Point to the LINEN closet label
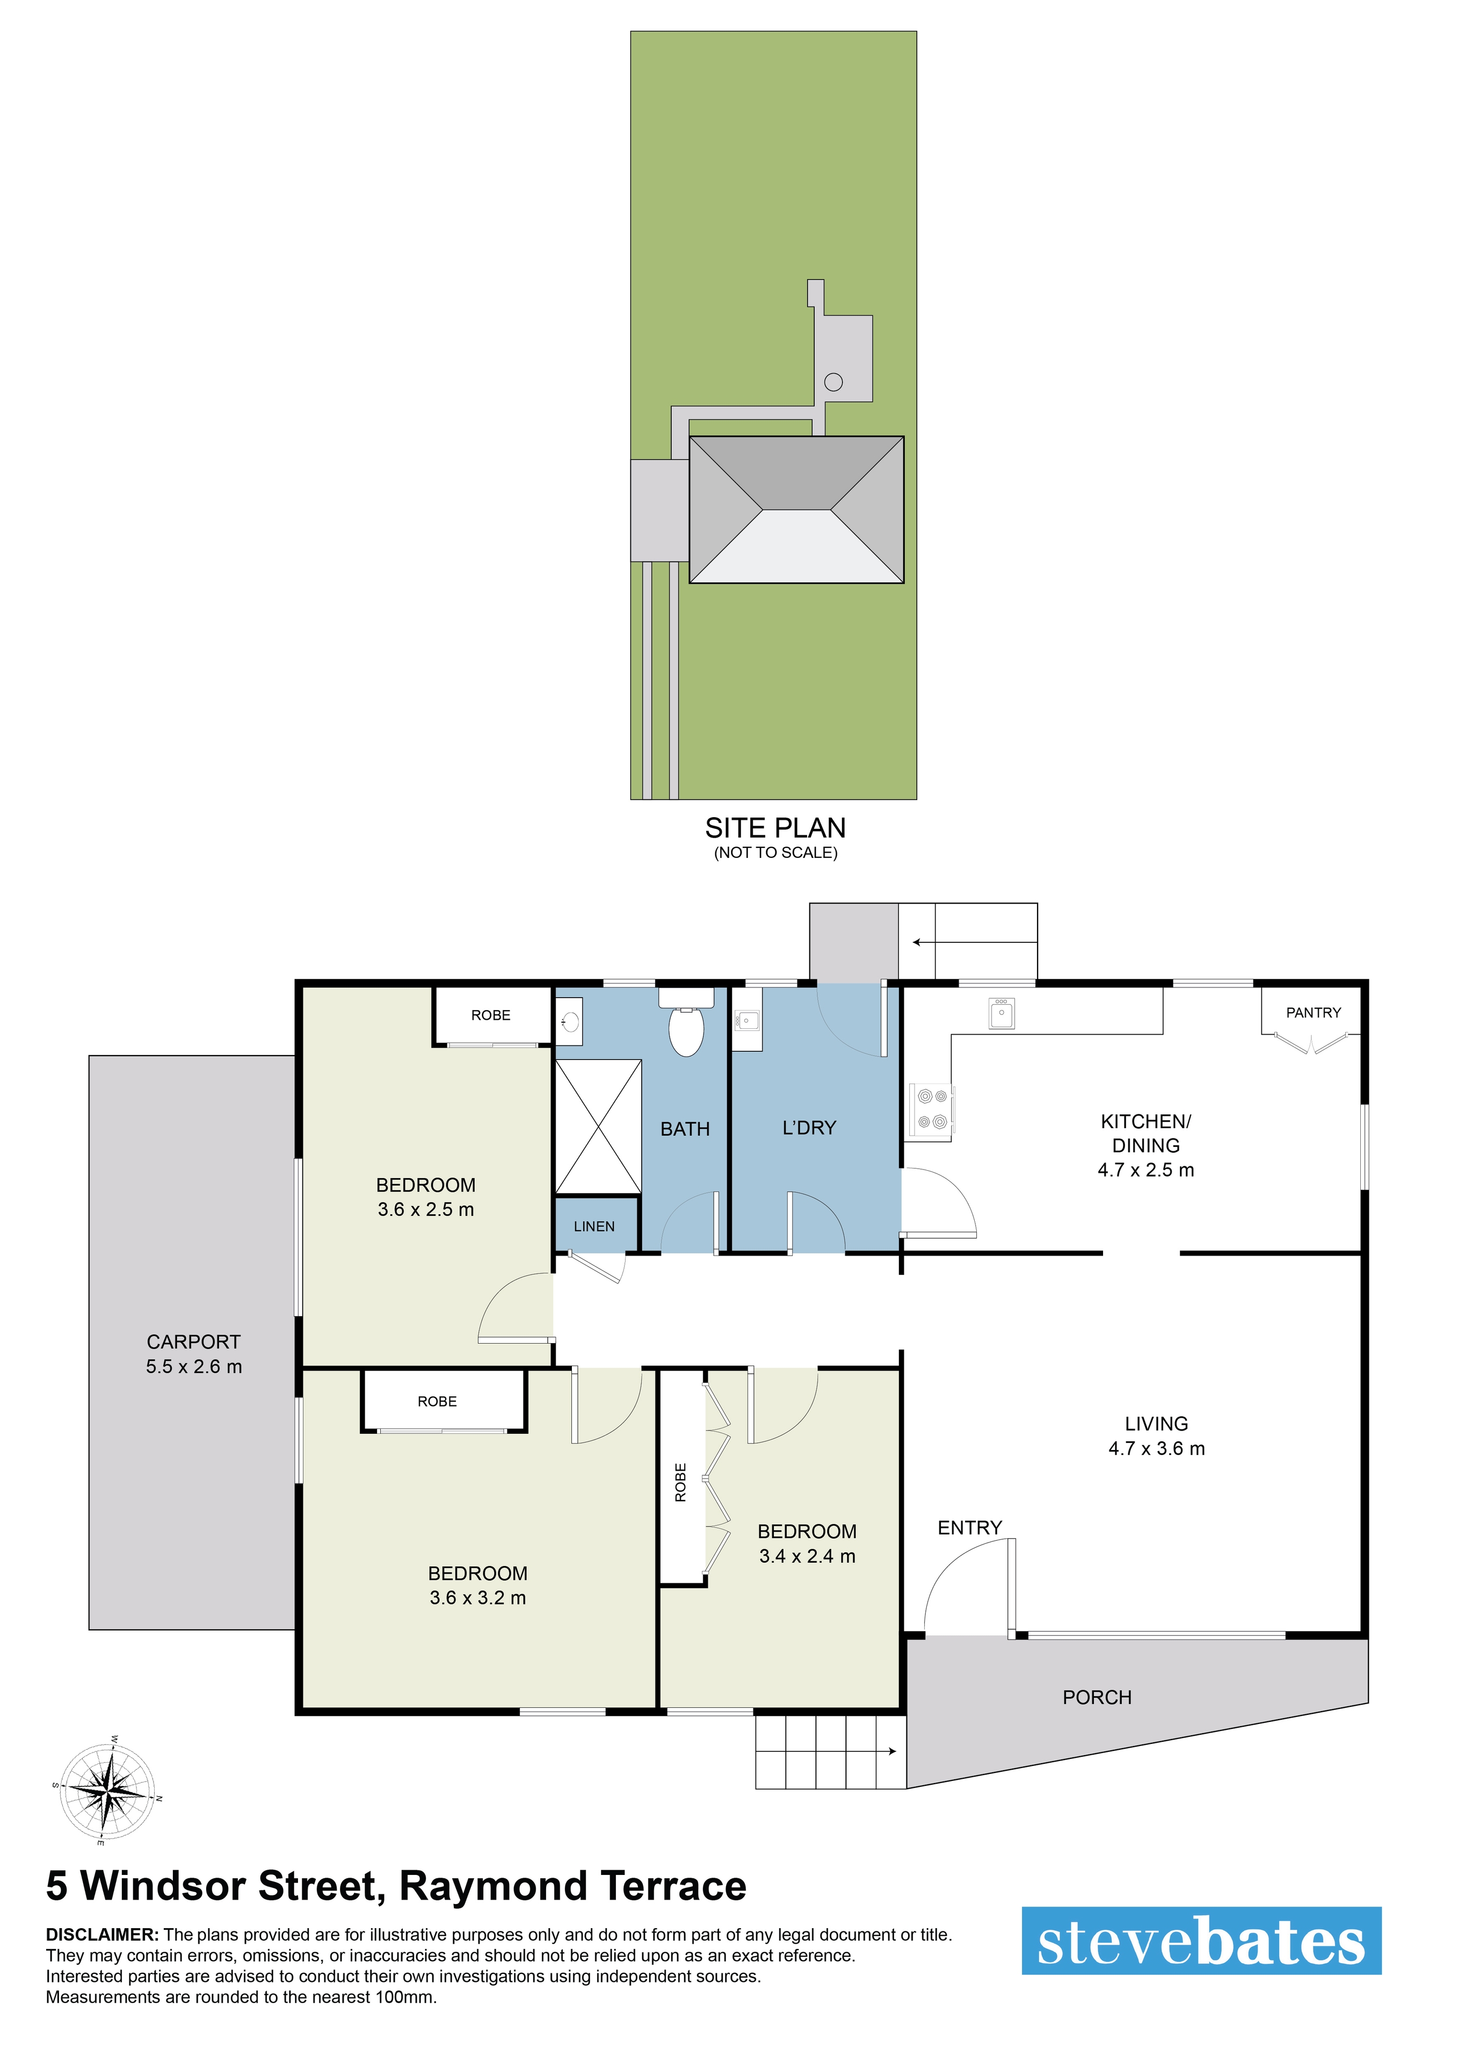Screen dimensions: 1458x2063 (594, 1227)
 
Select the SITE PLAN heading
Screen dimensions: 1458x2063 (775, 827)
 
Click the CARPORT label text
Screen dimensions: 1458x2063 (193, 1341)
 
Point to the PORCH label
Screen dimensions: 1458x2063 (1097, 1697)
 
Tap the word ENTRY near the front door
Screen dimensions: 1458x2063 (969, 1527)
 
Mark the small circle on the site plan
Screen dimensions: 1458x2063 (833, 382)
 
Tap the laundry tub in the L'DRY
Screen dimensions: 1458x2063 (746, 1020)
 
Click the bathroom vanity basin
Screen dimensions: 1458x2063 (569, 1022)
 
